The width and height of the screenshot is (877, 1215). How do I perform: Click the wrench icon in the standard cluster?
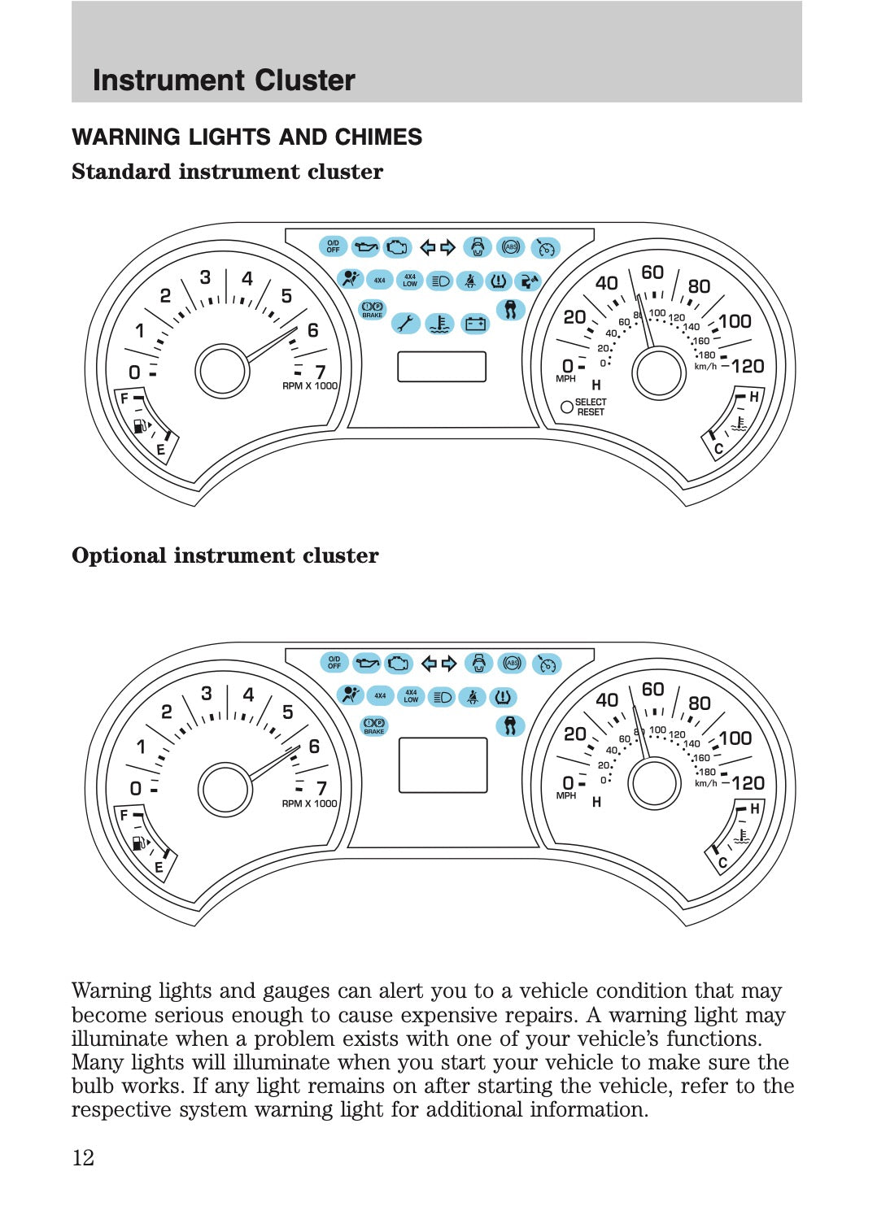[405, 324]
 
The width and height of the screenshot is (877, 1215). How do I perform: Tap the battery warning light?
[476, 324]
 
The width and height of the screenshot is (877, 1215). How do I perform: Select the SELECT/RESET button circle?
[566, 407]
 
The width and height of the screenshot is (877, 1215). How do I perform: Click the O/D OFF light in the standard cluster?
[333, 246]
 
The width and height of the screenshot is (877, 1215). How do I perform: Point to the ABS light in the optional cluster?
[512, 663]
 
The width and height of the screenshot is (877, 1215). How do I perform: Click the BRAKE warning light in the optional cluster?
[373, 725]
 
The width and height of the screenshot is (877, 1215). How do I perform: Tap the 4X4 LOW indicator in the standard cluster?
[410, 281]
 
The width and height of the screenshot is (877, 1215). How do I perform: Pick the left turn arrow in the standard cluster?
[428, 247]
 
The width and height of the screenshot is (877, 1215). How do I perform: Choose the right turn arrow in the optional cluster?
[449, 663]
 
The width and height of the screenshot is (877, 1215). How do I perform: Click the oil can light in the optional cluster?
[367, 663]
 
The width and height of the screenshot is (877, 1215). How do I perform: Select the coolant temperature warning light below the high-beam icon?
[440, 324]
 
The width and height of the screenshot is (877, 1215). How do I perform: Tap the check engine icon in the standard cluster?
[397, 246]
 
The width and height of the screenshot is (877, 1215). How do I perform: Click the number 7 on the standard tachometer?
[320, 372]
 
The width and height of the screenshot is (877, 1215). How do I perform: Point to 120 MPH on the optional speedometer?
[748, 782]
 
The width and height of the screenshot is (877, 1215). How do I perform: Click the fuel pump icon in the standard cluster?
[140, 425]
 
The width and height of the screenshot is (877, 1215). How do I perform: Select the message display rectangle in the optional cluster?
[443, 764]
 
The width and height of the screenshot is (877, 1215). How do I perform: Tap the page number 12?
[83, 1158]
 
